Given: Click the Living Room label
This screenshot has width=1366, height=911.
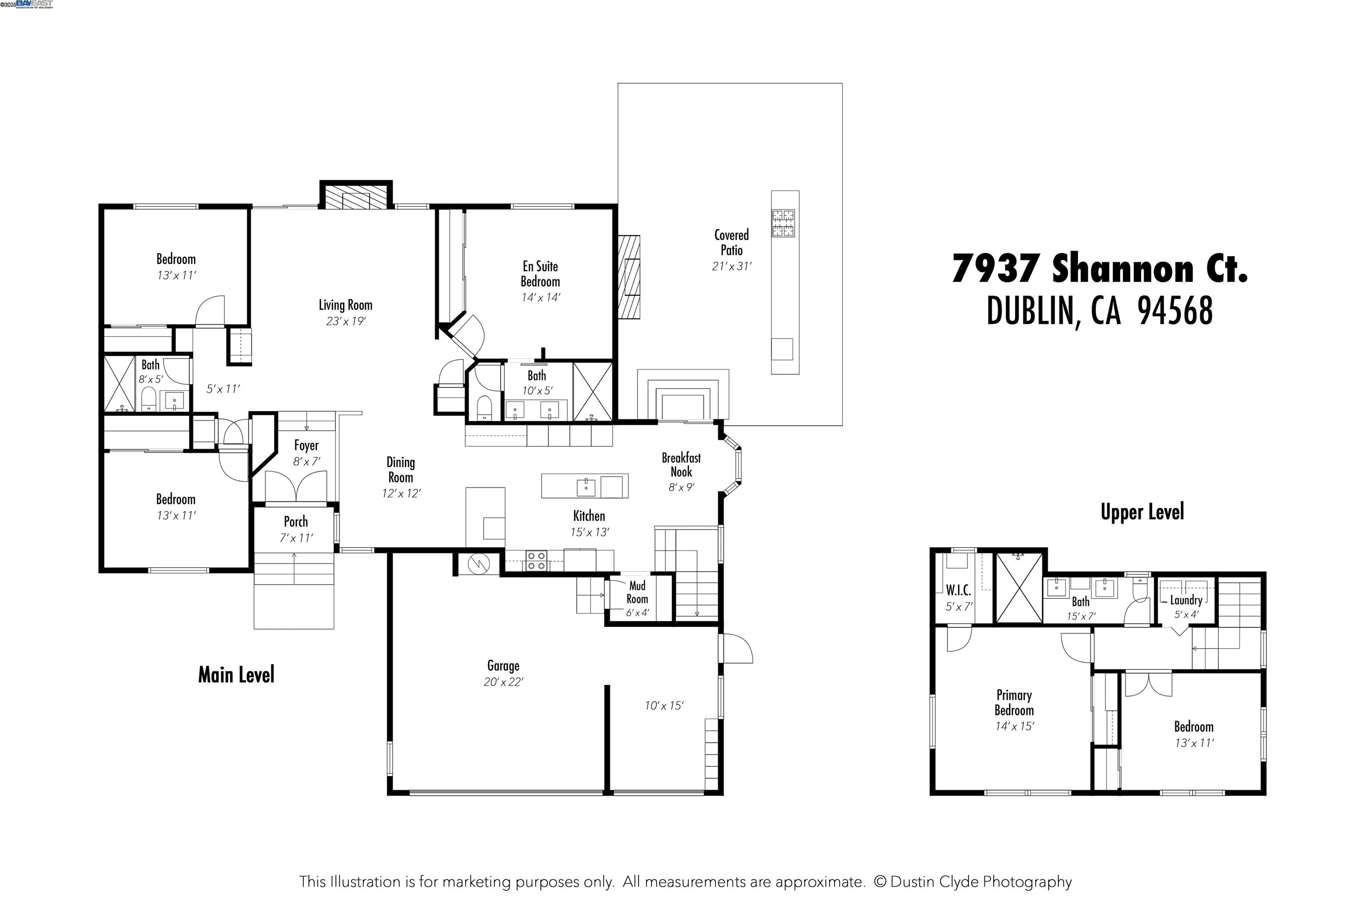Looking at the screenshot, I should (345, 305).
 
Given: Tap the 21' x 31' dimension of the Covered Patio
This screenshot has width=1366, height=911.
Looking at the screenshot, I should (732, 266).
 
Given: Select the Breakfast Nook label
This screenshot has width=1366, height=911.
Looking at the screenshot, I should (681, 465).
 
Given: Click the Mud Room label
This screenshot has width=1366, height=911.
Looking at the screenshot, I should (637, 592).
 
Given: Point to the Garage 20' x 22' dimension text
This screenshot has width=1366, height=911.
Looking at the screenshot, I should (503, 682).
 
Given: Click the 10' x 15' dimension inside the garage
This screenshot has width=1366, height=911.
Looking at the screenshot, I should (664, 706).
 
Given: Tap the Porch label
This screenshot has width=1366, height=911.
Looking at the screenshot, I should (296, 522).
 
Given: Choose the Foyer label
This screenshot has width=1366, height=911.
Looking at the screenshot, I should (306, 446).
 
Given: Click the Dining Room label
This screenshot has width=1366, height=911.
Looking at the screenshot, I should (401, 470).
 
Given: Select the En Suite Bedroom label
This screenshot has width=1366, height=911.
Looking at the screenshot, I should (540, 274).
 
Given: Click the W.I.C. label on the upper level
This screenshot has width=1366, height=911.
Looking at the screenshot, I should (958, 590).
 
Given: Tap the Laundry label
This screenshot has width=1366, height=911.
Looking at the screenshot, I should (1186, 600).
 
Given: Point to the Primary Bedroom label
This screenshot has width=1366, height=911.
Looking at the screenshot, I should (1014, 702).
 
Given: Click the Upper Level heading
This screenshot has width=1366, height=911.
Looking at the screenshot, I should (1142, 512).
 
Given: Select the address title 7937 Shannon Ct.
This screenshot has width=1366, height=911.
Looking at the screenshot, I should (1099, 269).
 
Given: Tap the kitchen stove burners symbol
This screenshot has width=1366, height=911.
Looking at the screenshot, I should (536, 560).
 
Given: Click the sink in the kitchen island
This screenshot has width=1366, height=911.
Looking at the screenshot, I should (586, 487).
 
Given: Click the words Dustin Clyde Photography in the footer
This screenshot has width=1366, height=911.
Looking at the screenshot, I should (981, 882).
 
